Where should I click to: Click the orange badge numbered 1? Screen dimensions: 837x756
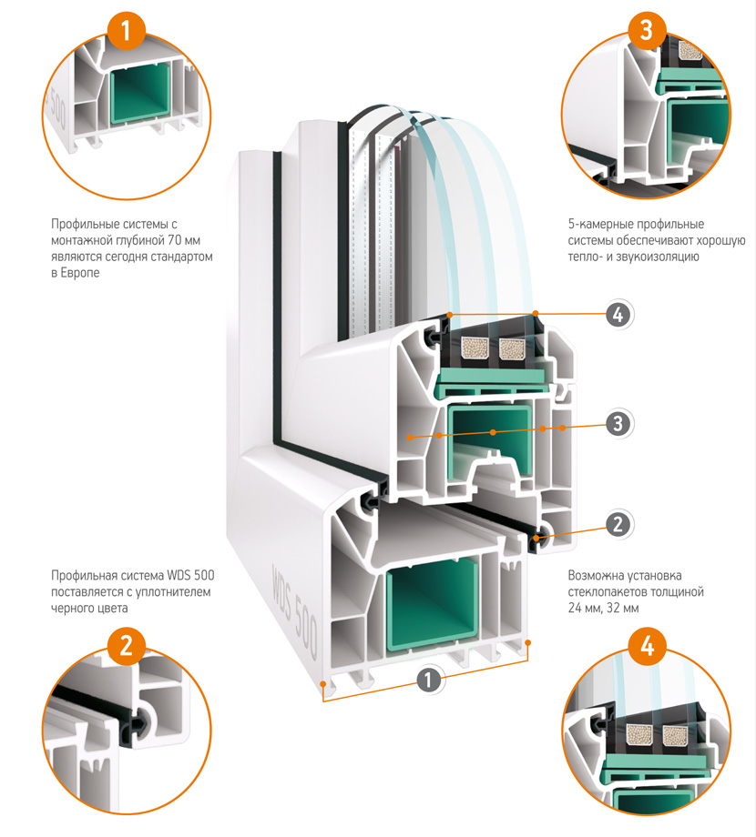[126, 34]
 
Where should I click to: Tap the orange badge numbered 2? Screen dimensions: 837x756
[126, 646]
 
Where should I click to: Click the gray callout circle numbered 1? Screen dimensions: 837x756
[427, 678]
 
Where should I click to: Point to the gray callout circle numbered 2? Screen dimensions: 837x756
[618, 523]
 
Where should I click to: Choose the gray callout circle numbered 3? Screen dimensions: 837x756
[618, 423]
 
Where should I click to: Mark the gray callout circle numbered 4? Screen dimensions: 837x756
[618, 316]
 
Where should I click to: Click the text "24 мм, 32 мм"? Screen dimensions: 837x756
[603, 608]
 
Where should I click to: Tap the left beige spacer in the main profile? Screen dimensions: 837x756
[474, 347]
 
